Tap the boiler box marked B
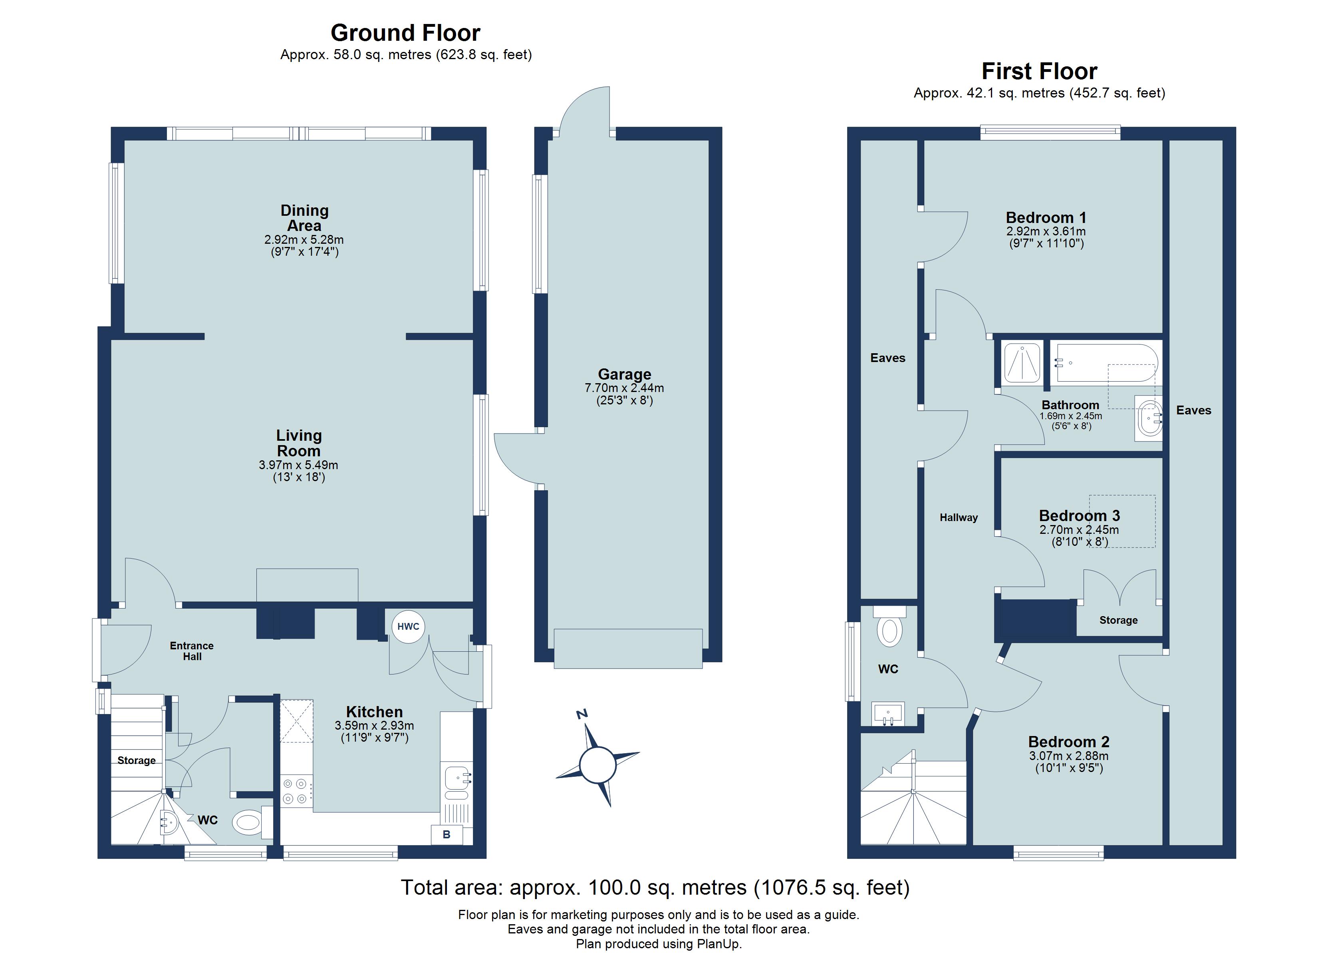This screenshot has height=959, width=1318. click(446, 835)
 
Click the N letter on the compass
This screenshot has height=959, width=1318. click(582, 714)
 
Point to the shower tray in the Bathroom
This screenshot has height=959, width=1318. click(1022, 362)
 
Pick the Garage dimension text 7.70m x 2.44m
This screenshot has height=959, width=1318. click(624, 388)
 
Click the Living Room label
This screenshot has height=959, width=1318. click(299, 443)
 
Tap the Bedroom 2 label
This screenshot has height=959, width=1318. click(1069, 742)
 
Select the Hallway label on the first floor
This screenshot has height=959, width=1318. click(958, 517)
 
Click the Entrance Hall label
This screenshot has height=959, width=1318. click(192, 651)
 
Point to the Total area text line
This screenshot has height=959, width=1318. click(655, 887)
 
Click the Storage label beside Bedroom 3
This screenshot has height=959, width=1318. click(1118, 620)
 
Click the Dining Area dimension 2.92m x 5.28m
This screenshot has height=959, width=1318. click(304, 240)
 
